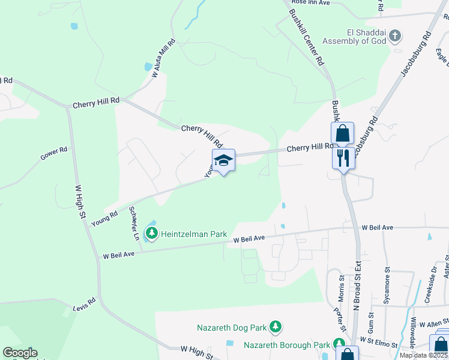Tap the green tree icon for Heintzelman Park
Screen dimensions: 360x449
coord(152,232)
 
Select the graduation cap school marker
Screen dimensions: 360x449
coord(223,160)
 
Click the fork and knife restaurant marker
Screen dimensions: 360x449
coord(343,158)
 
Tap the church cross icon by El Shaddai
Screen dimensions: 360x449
coord(394,36)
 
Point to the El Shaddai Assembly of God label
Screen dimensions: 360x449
coord(352,37)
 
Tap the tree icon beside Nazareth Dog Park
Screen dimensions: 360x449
coord(276,327)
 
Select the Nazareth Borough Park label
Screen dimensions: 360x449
coord(287,345)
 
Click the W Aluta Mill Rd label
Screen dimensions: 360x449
coord(163,58)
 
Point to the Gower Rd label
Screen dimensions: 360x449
coord(54,154)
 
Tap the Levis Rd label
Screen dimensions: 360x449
coord(84,304)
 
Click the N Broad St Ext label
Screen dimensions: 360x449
coord(357,282)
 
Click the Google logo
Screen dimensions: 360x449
coord(20,353)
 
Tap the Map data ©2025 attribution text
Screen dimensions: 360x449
coord(424,355)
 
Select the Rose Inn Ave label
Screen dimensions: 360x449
coord(311,2)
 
